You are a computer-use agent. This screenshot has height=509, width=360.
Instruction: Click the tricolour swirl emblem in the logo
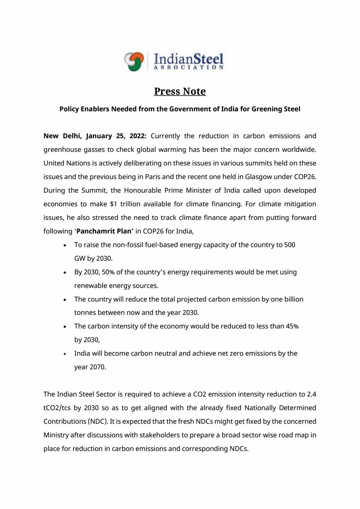pos(134,61)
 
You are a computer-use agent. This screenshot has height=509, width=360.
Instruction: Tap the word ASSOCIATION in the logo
pos(188,67)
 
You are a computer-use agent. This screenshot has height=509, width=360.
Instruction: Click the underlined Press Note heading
pos(180,91)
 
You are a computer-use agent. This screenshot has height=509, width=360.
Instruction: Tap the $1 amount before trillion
pos(113,204)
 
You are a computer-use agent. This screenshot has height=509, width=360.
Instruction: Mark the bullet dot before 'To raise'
pos(65,245)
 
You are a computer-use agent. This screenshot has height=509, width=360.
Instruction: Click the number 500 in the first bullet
pos(290,245)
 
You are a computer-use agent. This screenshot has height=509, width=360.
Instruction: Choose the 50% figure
pos(108,272)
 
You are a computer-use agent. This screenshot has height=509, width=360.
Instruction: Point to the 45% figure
pos(292,326)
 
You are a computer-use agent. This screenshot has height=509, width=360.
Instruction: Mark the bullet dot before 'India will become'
pos(65,354)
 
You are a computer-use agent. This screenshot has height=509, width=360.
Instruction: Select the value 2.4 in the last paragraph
pos(311,394)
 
